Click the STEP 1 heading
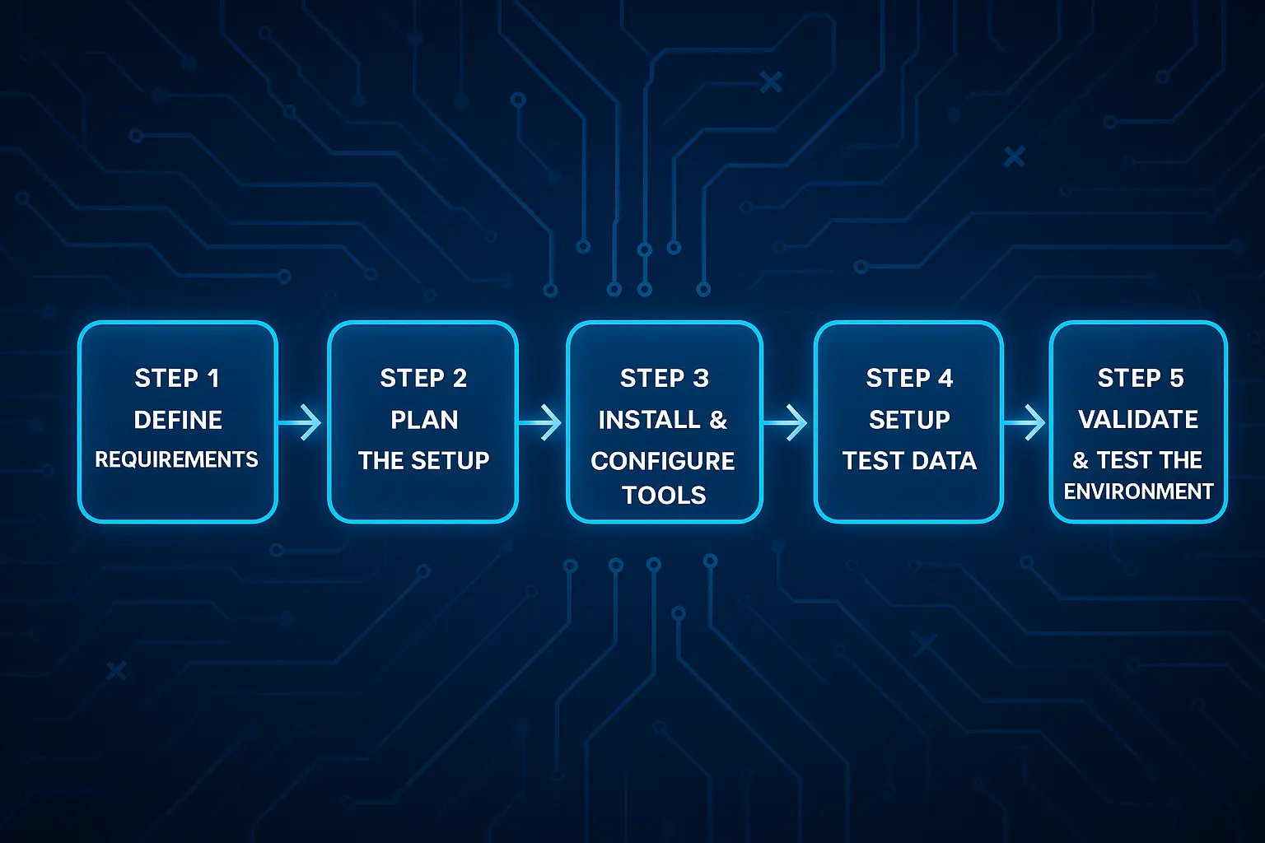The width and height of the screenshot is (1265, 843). coord(177,378)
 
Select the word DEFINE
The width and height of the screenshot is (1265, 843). coord(178,420)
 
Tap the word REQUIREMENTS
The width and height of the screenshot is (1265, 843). coord(176,459)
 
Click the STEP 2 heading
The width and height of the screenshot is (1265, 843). coord(423,378)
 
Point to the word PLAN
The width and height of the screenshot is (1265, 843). coord(424,420)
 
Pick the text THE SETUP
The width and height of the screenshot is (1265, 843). coord(423,460)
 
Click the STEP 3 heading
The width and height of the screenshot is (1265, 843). coord(664,378)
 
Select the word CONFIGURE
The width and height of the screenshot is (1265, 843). coord(662,461)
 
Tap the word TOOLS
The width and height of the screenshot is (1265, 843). coord(664,495)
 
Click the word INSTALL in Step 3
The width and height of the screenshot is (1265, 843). coord(649,420)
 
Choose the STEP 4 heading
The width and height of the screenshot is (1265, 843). coord(909,378)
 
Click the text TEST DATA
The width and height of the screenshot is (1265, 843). coord(909,460)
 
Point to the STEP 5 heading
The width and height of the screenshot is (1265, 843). coord(1140,378)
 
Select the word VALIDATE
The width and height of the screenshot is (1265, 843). coord(1138,419)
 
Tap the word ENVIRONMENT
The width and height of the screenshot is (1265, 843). coord(1138,491)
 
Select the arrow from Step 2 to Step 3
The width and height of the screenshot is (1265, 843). coord(542,422)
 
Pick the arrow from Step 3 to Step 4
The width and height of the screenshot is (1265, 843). coord(787,422)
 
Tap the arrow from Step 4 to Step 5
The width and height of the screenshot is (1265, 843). coord(1026,422)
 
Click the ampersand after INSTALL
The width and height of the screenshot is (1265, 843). coord(718,420)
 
